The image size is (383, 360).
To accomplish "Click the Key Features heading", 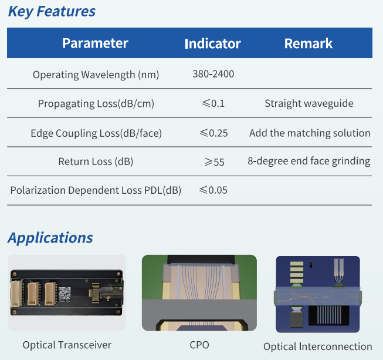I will tap(52, 11).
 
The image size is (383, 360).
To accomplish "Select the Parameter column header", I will tap(95, 43).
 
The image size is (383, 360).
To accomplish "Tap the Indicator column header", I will tap(212, 43).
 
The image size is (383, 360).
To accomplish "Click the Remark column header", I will tap(309, 43).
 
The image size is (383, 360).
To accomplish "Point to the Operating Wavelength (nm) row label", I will tap(96, 75).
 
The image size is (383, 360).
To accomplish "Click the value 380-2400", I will tap(213, 74).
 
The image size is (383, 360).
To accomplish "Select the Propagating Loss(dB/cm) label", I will tap(96, 104).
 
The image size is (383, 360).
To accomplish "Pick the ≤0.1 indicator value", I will tap(213, 103).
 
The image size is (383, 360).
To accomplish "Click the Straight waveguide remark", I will tap(309, 103).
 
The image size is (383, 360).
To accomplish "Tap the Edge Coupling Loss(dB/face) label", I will tap(96, 133).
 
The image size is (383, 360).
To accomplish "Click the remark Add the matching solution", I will tap(310, 133).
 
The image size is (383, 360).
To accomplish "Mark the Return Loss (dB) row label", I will tap(96, 162).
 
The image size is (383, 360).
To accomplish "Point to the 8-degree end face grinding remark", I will tap(309, 161).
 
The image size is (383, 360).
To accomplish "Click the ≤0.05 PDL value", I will tap(213, 190).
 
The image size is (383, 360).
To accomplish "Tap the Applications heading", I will tap(50, 238).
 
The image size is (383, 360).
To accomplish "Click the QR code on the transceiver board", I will tap(68, 293).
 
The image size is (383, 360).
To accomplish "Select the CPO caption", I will tap(199, 345).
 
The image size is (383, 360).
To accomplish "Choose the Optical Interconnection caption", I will tap(318, 346).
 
